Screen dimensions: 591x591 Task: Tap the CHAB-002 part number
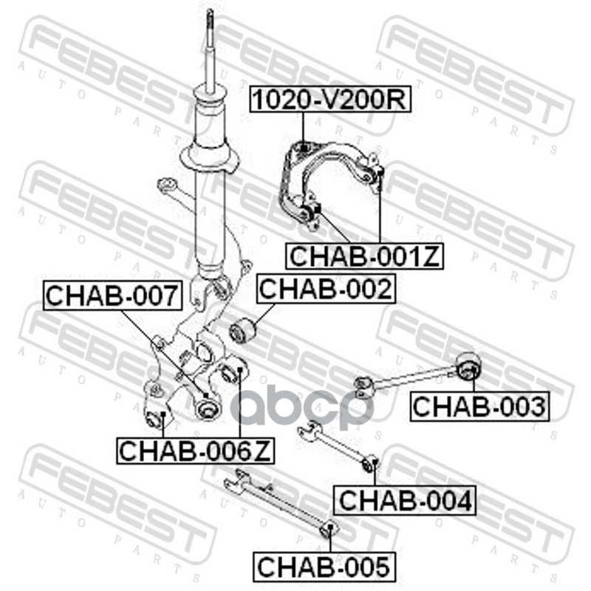(x=325, y=288)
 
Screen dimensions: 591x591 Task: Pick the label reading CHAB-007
(x=112, y=295)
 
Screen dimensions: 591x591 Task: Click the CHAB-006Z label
(x=195, y=449)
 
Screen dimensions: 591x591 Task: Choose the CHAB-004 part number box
(x=404, y=501)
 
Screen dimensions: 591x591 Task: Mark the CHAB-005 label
(x=323, y=567)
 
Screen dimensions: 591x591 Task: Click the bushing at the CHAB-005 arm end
(x=330, y=530)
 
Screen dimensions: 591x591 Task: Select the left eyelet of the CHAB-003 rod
(x=362, y=383)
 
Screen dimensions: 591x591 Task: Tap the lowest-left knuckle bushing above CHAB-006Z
(x=157, y=418)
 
